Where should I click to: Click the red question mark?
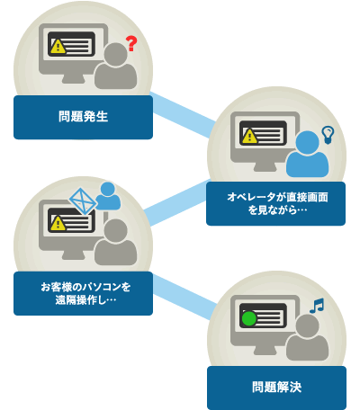[x=131, y=43]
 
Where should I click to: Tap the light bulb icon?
[x=328, y=135]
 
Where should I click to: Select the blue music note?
[x=317, y=306]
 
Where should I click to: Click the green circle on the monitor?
[x=249, y=319]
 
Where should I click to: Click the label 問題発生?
[x=83, y=116]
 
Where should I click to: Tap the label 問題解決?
[x=276, y=387]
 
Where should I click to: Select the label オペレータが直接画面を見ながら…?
[x=277, y=203]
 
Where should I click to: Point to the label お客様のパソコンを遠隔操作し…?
[x=85, y=293]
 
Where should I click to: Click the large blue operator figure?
[x=307, y=155]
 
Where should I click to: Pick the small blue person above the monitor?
[x=108, y=196]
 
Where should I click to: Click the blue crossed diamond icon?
[x=83, y=201]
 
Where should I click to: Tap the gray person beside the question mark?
[x=116, y=66]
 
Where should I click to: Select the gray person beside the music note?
[x=307, y=337]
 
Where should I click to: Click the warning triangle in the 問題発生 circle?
[x=58, y=47]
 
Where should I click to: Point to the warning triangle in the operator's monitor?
[x=249, y=136]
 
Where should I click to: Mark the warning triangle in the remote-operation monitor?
[x=58, y=223]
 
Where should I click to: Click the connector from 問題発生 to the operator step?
[x=183, y=115]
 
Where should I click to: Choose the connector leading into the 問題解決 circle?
[x=184, y=297]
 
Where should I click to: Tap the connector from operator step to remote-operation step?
[x=177, y=202]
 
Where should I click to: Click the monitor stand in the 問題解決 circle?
[x=265, y=350]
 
